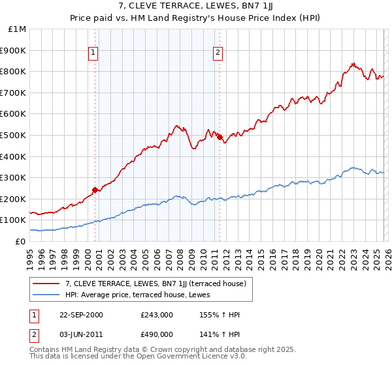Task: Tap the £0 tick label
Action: tap(21, 241)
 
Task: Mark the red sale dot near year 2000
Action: tap(95, 190)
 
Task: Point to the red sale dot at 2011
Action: tap(220, 137)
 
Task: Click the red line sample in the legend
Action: tap(46, 284)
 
